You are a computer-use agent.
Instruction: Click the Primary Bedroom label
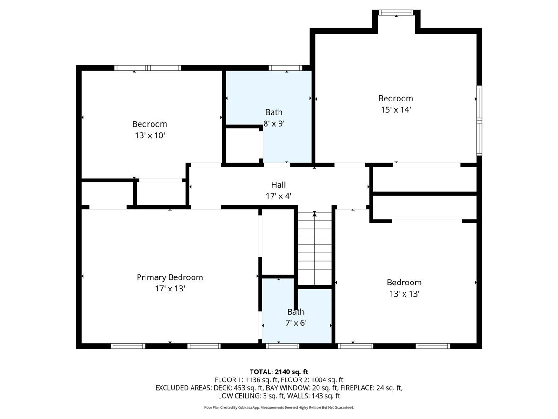click(170, 277)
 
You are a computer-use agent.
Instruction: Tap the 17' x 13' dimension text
click(170, 289)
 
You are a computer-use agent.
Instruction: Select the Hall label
click(278, 185)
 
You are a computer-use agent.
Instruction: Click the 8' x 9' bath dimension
click(273, 123)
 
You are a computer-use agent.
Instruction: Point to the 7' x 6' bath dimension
click(296, 323)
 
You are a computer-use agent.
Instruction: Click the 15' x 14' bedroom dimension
click(395, 110)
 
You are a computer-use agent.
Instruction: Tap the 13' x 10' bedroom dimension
click(150, 135)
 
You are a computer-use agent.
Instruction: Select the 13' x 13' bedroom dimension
click(404, 294)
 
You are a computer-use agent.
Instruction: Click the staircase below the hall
click(315, 249)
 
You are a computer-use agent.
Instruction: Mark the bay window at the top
click(396, 13)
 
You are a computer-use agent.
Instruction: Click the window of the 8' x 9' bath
click(286, 68)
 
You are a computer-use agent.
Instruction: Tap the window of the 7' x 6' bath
click(283, 346)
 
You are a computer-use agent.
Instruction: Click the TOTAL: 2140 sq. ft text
click(279, 372)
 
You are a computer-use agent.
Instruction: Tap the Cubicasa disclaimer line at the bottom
click(279, 407)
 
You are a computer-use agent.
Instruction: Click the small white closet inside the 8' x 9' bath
click(243, 145)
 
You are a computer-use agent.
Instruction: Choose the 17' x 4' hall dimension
click(278, 196)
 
